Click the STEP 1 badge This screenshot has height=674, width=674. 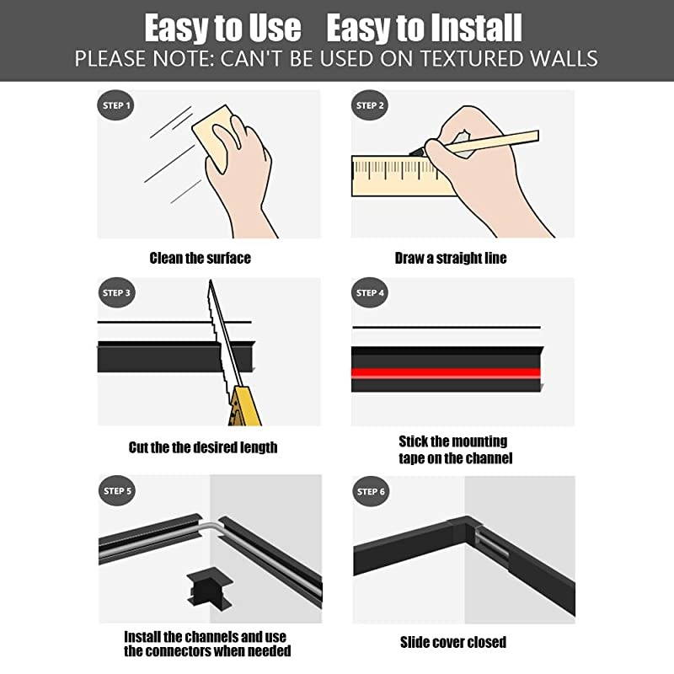[x=116, y=106]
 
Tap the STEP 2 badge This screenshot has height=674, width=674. [x=371, y=106]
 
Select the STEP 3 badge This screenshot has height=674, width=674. [x=116, y=293]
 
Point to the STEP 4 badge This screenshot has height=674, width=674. [x=371, y=293]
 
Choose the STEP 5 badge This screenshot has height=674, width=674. [x=116, y=491]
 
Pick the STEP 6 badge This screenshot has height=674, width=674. [x=371, y=491]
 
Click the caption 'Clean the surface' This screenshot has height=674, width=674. [x=200, y=258]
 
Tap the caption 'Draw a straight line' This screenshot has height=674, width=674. [x=451, y=258]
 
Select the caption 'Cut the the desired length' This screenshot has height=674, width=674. [x=202, y=447]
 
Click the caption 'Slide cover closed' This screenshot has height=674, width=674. [x=452, y=642]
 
